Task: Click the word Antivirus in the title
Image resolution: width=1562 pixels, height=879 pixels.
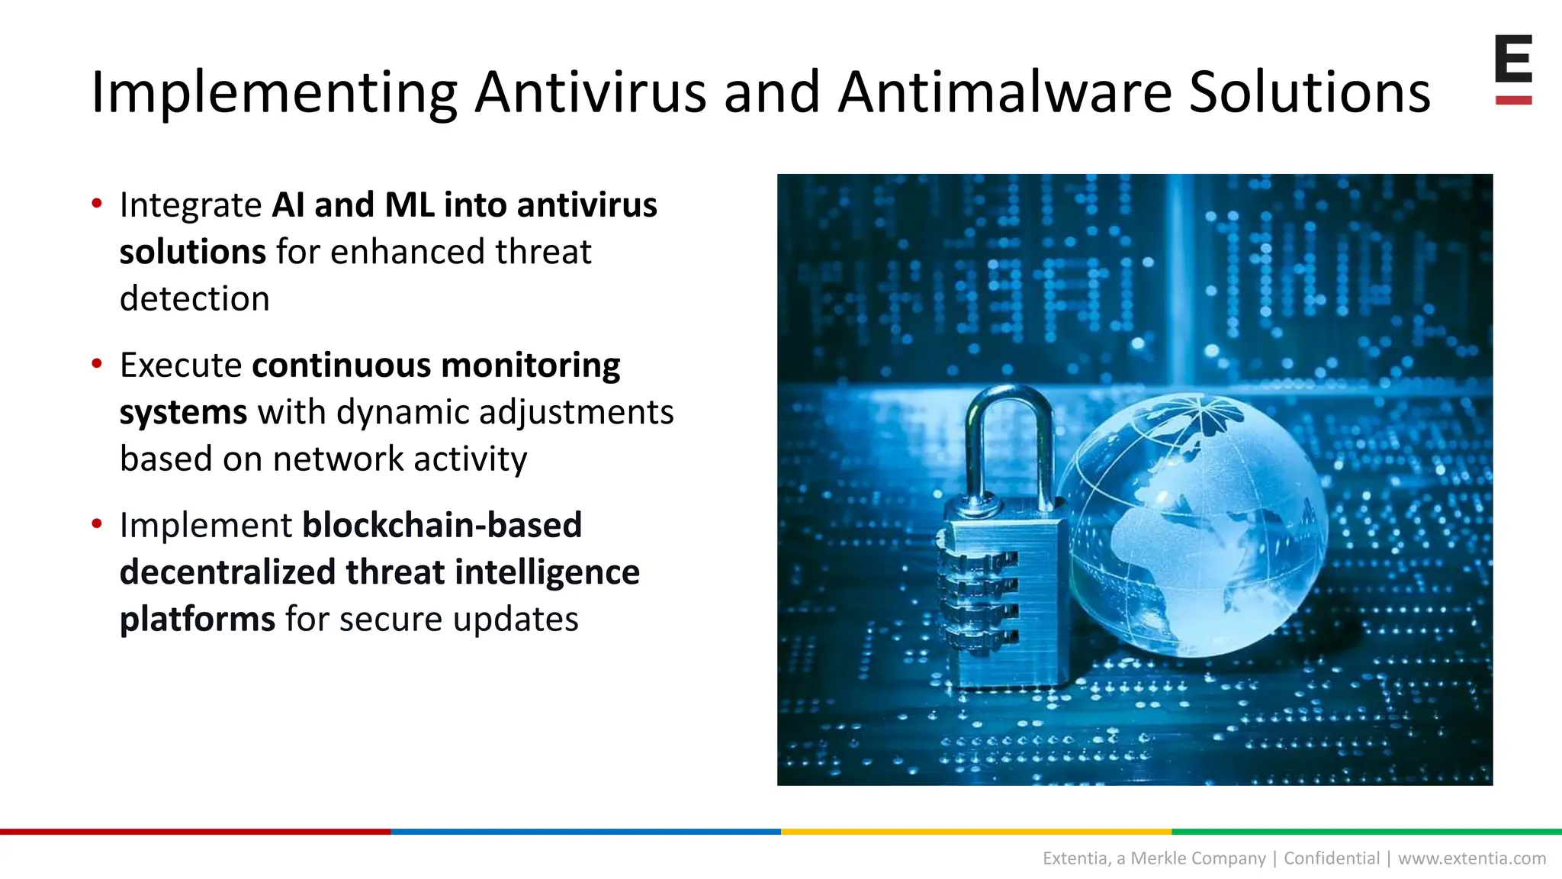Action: point(590,92)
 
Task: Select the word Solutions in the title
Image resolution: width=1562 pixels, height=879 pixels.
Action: point(1310,92)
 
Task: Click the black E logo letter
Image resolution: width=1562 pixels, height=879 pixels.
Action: point(1513,59)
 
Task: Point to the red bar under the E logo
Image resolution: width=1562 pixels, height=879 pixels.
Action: point(1513,100)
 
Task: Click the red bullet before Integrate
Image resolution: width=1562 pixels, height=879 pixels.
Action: point(97,203)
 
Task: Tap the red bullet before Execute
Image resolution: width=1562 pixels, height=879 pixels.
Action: point(97,363)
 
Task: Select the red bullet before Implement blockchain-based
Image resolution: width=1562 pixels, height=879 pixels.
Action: point(97,523)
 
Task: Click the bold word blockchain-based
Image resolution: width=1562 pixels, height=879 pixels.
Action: point(442,525)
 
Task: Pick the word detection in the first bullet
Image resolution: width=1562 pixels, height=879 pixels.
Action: point(194,298)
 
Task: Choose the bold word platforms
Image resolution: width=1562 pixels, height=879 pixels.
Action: point(197,619)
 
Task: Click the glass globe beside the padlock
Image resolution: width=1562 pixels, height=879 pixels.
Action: point(1194,526)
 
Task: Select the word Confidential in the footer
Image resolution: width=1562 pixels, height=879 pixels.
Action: point(1332,858)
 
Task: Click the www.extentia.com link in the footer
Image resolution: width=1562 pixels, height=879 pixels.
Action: point(1472,858)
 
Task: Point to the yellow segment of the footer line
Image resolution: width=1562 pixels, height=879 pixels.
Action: point(976,831)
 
